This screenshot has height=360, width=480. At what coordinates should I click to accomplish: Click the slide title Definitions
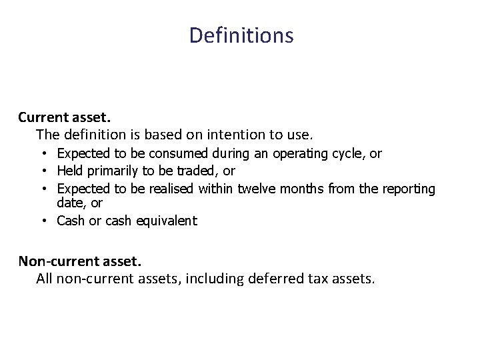pyautogui.click(x=241, y=35)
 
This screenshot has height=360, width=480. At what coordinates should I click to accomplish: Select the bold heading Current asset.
pyautogui.click(x=59, y=117)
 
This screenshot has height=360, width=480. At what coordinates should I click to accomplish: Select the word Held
pyautogui.click(x=71, y=171)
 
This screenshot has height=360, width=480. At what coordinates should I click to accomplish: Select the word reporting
pyautogui.click(x=409, y=189)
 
